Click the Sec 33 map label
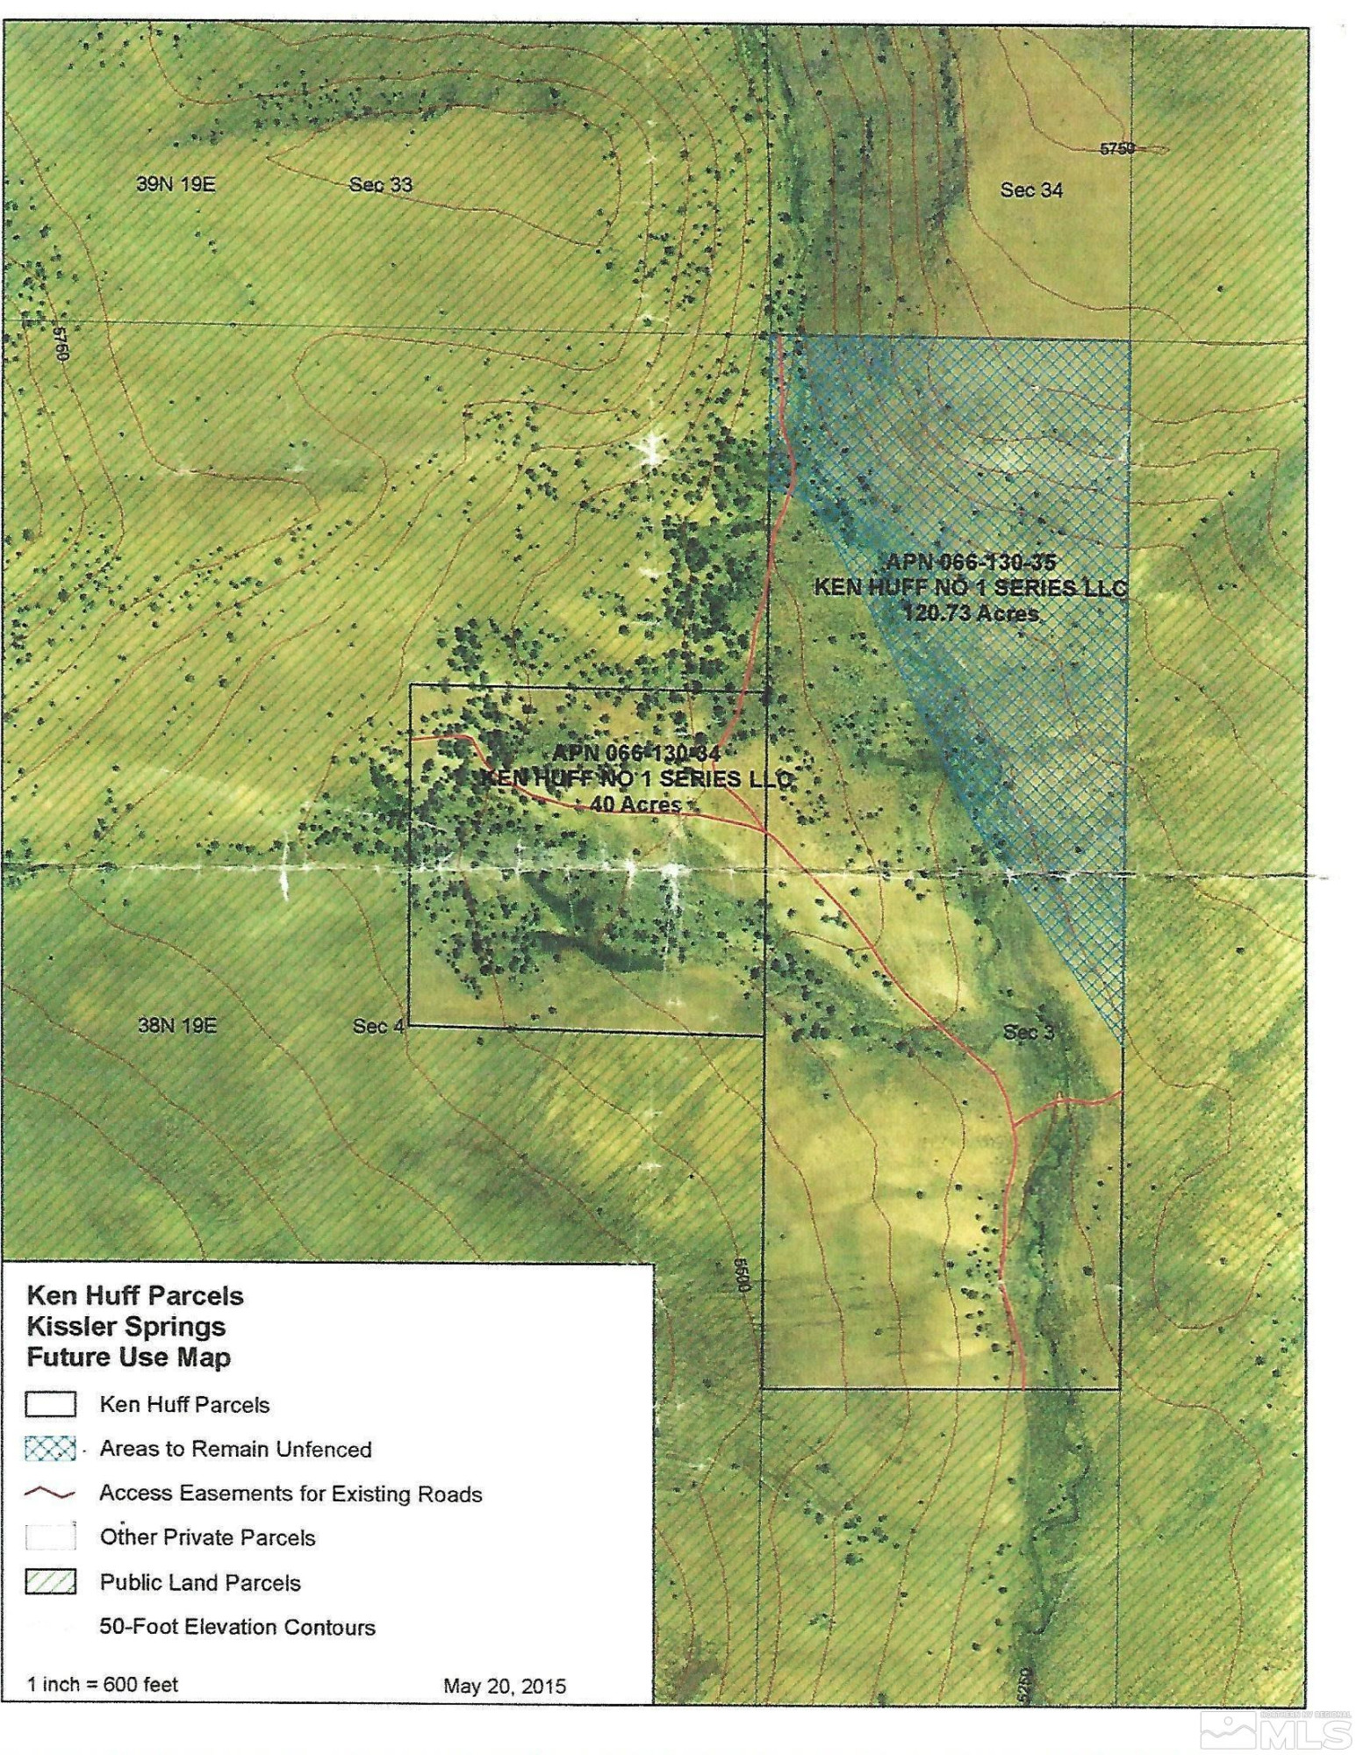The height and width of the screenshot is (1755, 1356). point(380,184)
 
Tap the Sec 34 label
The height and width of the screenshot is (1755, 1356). point(1031,190)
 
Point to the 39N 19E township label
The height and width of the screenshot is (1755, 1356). point(176,184)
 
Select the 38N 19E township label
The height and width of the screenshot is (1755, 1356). point(176,1025)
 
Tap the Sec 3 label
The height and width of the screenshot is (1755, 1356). point(1028,1032)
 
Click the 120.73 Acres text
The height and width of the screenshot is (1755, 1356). point(971,612)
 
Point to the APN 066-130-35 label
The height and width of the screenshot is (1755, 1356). point(971,562)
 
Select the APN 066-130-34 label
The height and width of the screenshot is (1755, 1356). point(636,753)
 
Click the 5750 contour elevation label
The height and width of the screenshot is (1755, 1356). point(1117,148)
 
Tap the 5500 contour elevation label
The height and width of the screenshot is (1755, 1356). point(742,1274)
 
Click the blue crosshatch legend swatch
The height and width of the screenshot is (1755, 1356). point(51,1448)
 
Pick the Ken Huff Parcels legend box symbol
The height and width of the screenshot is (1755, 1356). point(51,1404)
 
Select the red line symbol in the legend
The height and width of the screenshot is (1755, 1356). point(51,1494)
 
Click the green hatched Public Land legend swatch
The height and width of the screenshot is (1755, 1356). point(51,1582)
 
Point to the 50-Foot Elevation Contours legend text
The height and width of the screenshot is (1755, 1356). point(237,1627)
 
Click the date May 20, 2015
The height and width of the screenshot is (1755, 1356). point(504,1686)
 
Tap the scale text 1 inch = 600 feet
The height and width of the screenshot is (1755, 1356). point(103,1684)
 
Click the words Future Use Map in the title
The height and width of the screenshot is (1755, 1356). point(128,1357)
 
